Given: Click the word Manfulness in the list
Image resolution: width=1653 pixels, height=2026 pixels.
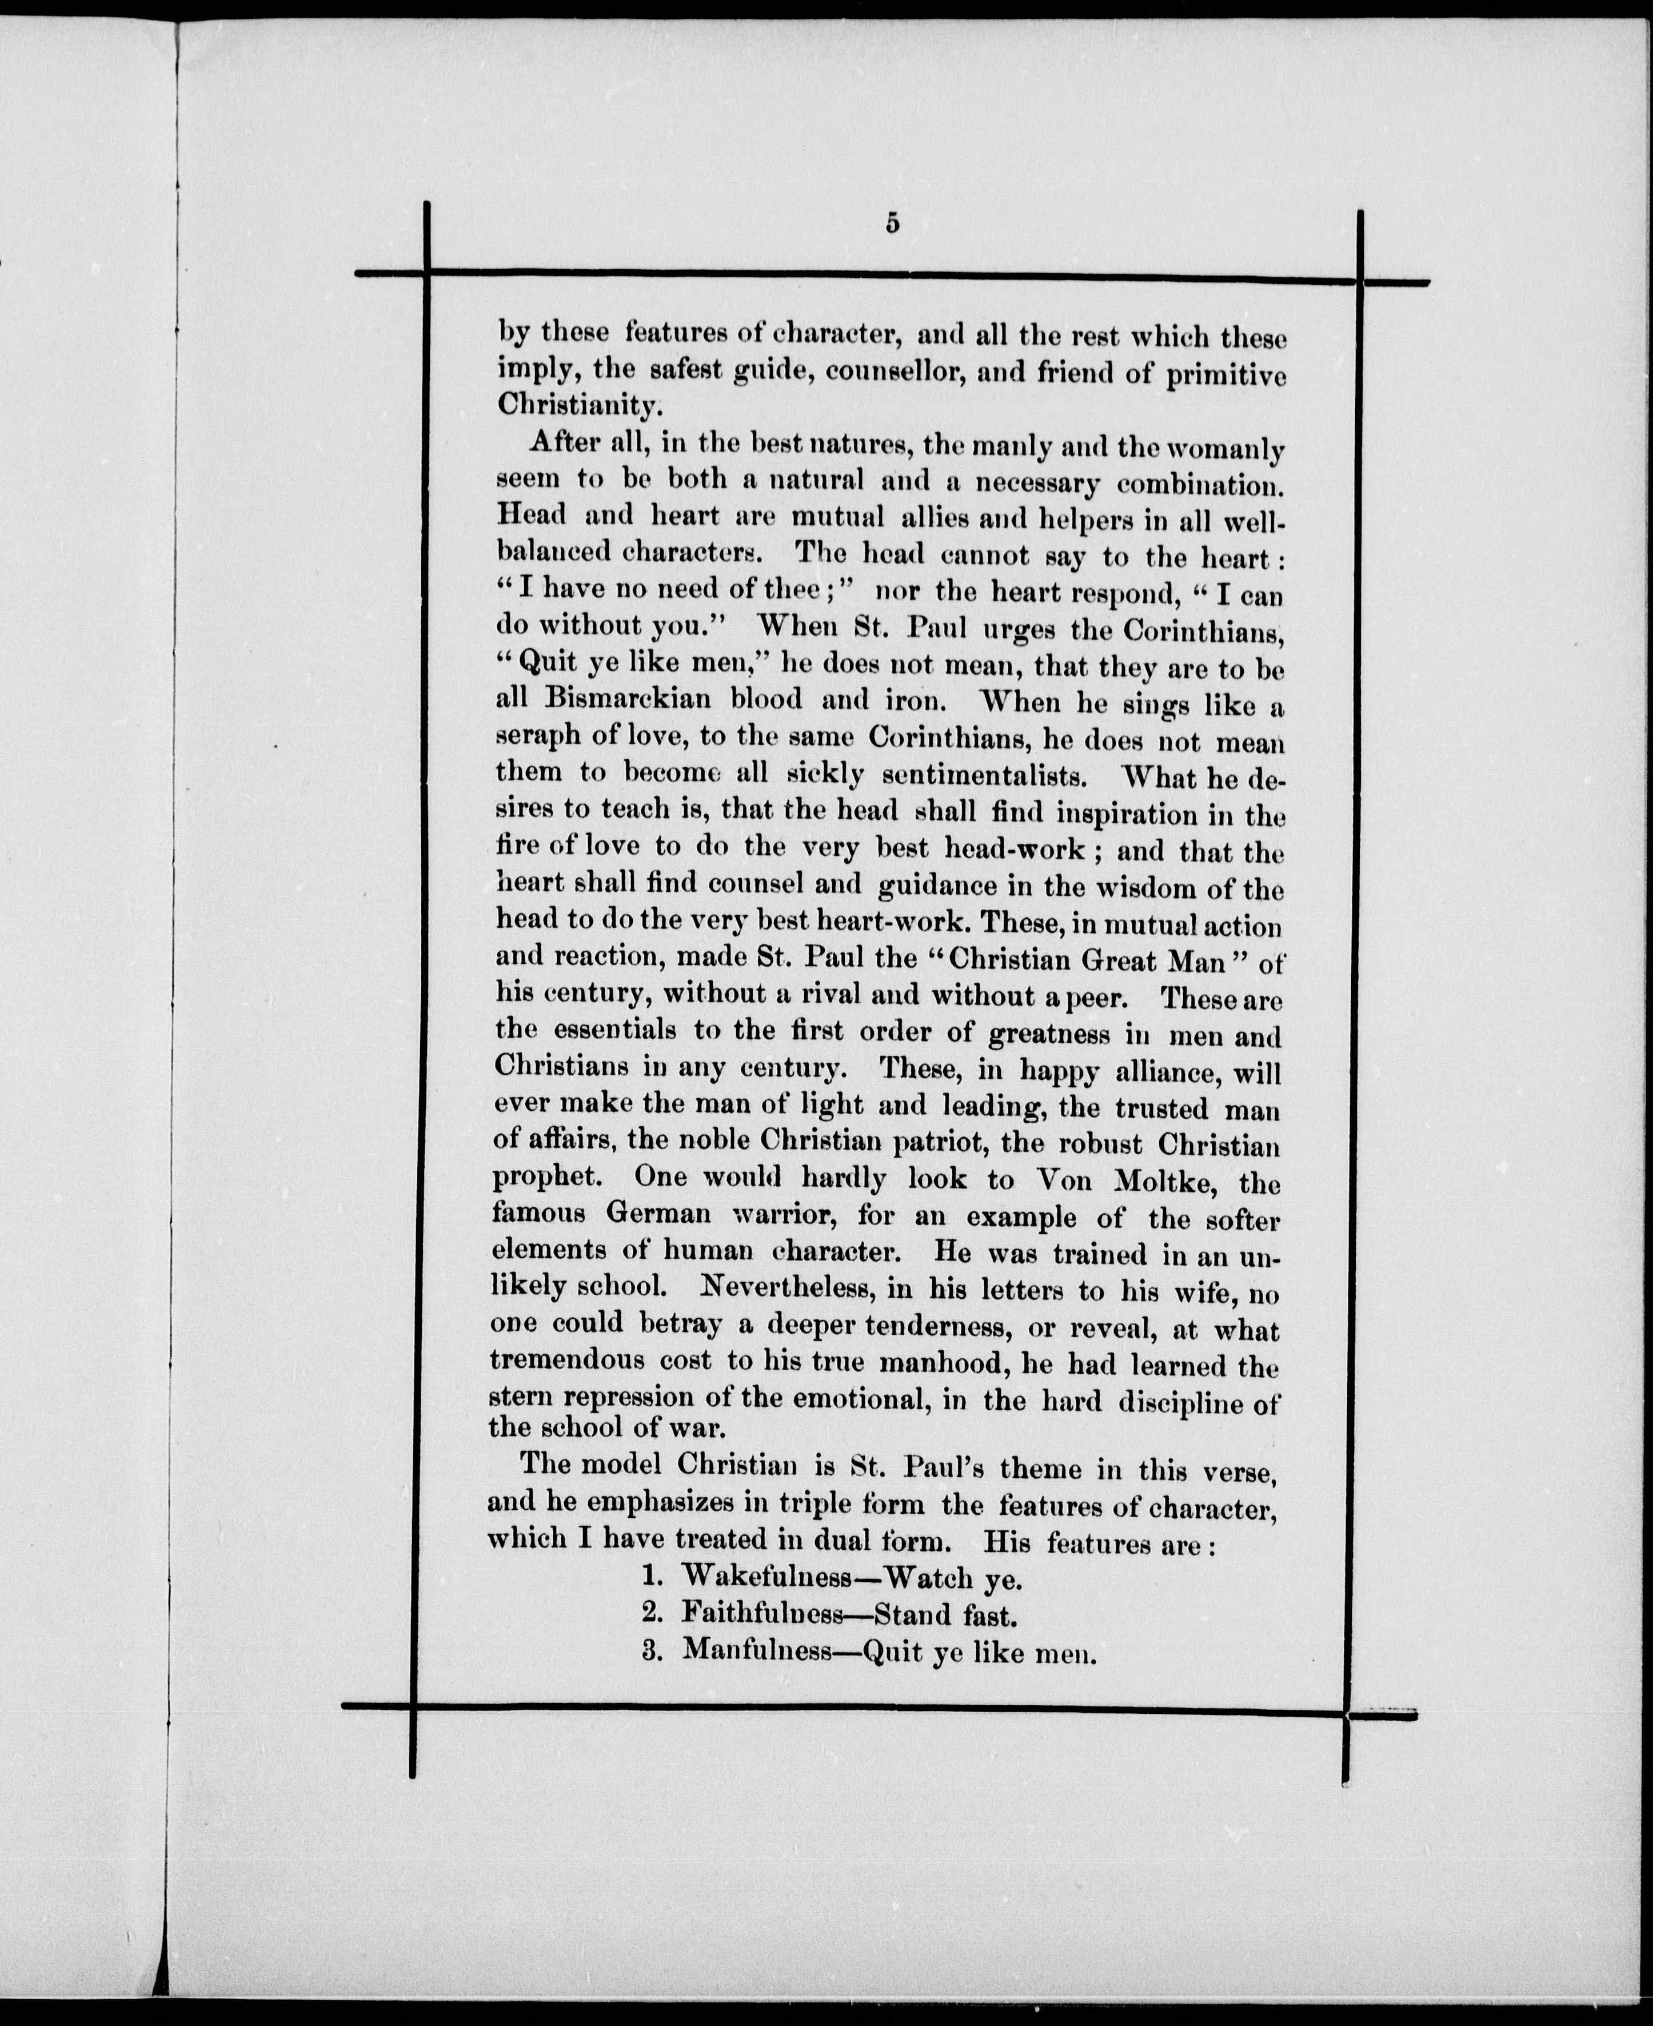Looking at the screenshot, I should pyautogui.click(x=757, y=1651).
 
